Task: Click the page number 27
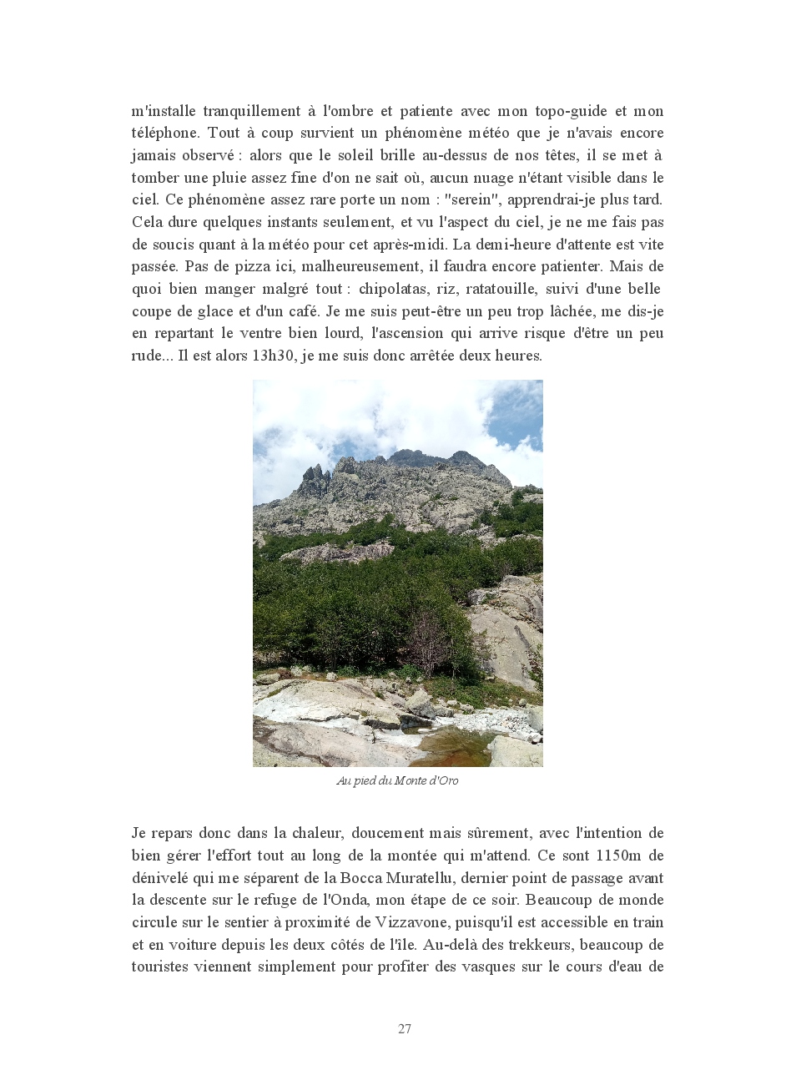[405, 1028]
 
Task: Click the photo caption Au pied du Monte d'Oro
[397, 781]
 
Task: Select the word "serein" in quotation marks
[471, 199]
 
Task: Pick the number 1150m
[618, 856]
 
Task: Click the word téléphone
[164, 133]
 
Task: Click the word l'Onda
[346, 900]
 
